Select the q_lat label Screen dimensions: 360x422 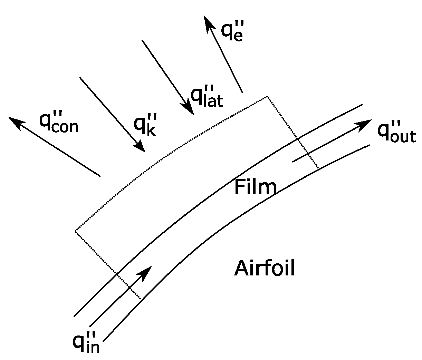click(207, 97)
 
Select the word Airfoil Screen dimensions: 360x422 click(265, 268)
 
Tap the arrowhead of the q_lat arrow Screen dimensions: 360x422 click(190, 109)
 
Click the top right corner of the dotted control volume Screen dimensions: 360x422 click(267, 97)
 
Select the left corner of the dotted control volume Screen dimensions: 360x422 click(75, 231)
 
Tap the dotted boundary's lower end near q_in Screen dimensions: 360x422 click(140, 298)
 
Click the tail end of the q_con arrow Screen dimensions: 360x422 click(100, 176)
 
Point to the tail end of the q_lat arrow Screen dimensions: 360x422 click(142, 40)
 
